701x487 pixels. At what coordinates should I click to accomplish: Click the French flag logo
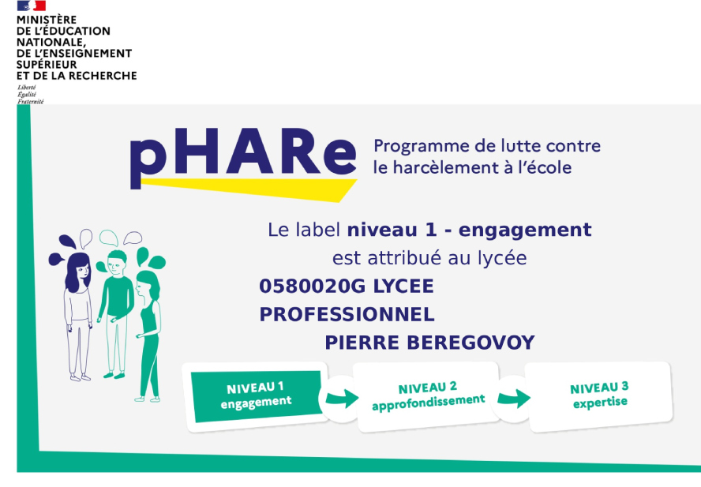point(32,6)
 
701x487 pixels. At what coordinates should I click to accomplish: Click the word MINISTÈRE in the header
point(47,20)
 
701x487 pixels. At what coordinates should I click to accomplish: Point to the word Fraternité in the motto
point(31,102)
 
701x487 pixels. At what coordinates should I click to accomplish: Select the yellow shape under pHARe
point(249,189)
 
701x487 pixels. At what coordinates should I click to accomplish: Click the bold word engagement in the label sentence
point(525,230)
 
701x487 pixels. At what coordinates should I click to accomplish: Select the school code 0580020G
point(312,287)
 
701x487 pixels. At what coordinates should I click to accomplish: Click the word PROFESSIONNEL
point(347,314)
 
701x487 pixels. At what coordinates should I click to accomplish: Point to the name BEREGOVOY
point(470,343)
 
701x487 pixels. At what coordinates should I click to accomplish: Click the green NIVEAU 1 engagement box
point(257,395)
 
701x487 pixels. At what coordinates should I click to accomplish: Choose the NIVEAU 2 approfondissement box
point(428,397)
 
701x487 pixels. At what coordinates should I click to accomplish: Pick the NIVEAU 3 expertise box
point(599,395)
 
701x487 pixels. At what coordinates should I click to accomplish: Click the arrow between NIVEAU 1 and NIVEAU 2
point(342,398)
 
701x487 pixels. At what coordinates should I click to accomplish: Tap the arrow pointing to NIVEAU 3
point(514,398)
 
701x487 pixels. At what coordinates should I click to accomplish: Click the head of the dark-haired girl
point(78,272)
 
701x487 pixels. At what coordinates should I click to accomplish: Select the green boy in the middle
point(115,314)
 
